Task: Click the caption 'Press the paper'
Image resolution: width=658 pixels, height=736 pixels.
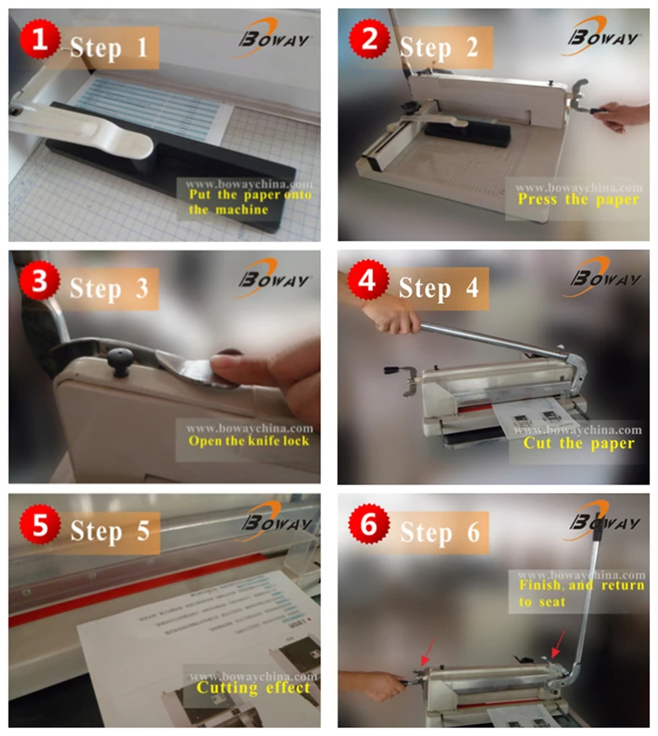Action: click(x=578, y=200)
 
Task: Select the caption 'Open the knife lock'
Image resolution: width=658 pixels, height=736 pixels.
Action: click(x=248, y=441)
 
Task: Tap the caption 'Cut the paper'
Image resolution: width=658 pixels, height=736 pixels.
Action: click(x=578, y=442)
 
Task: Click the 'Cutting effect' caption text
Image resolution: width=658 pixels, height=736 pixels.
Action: click(x=254, y=687)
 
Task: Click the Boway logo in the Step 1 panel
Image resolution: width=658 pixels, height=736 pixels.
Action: click(x=275, y=38)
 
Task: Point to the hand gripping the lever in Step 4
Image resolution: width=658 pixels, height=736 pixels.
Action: click(x=391, y=317)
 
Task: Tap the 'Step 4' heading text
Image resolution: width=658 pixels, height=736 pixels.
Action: click(x=438, y=288)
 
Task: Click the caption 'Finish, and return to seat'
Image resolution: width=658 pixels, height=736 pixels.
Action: click(x=580, y=593)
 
